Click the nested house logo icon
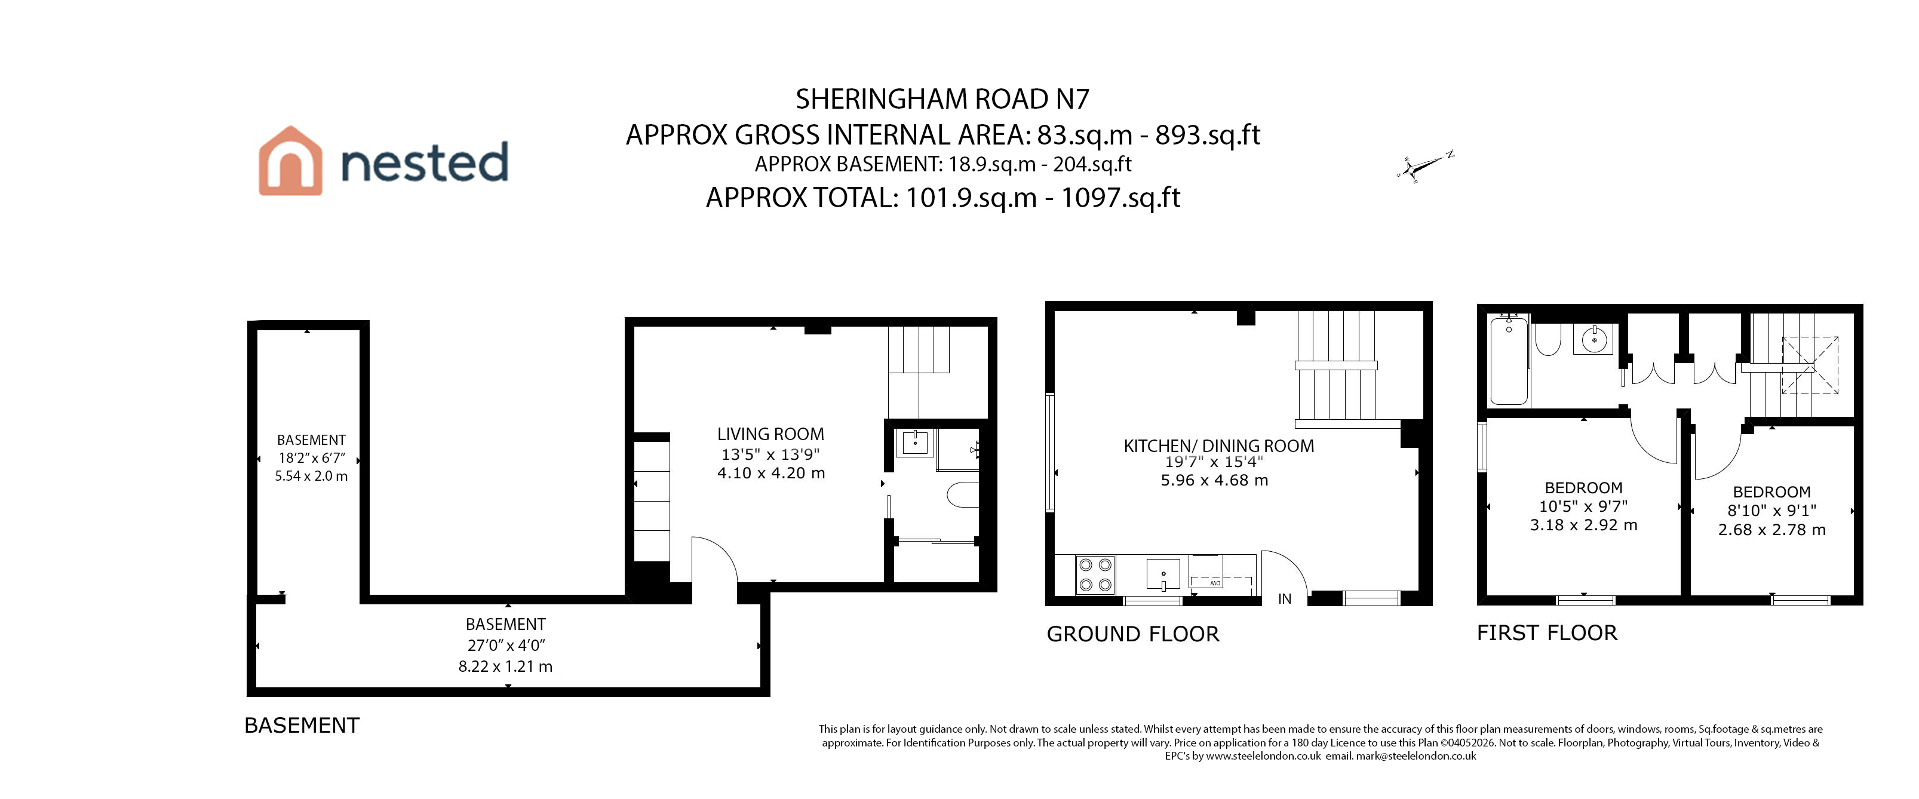[290, 161]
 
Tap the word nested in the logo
[425, 162]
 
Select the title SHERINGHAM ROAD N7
[942, 99]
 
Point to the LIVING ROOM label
[770, 434]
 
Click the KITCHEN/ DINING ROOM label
[1219, 446]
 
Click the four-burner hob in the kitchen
[1095, 575]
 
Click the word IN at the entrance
[1285, 599]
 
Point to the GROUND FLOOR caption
[1133, 634]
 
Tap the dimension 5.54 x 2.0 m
[311, 476]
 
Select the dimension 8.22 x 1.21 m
[506, 666]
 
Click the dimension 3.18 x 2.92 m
[1584, 525]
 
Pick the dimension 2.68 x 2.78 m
[1772, 530]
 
